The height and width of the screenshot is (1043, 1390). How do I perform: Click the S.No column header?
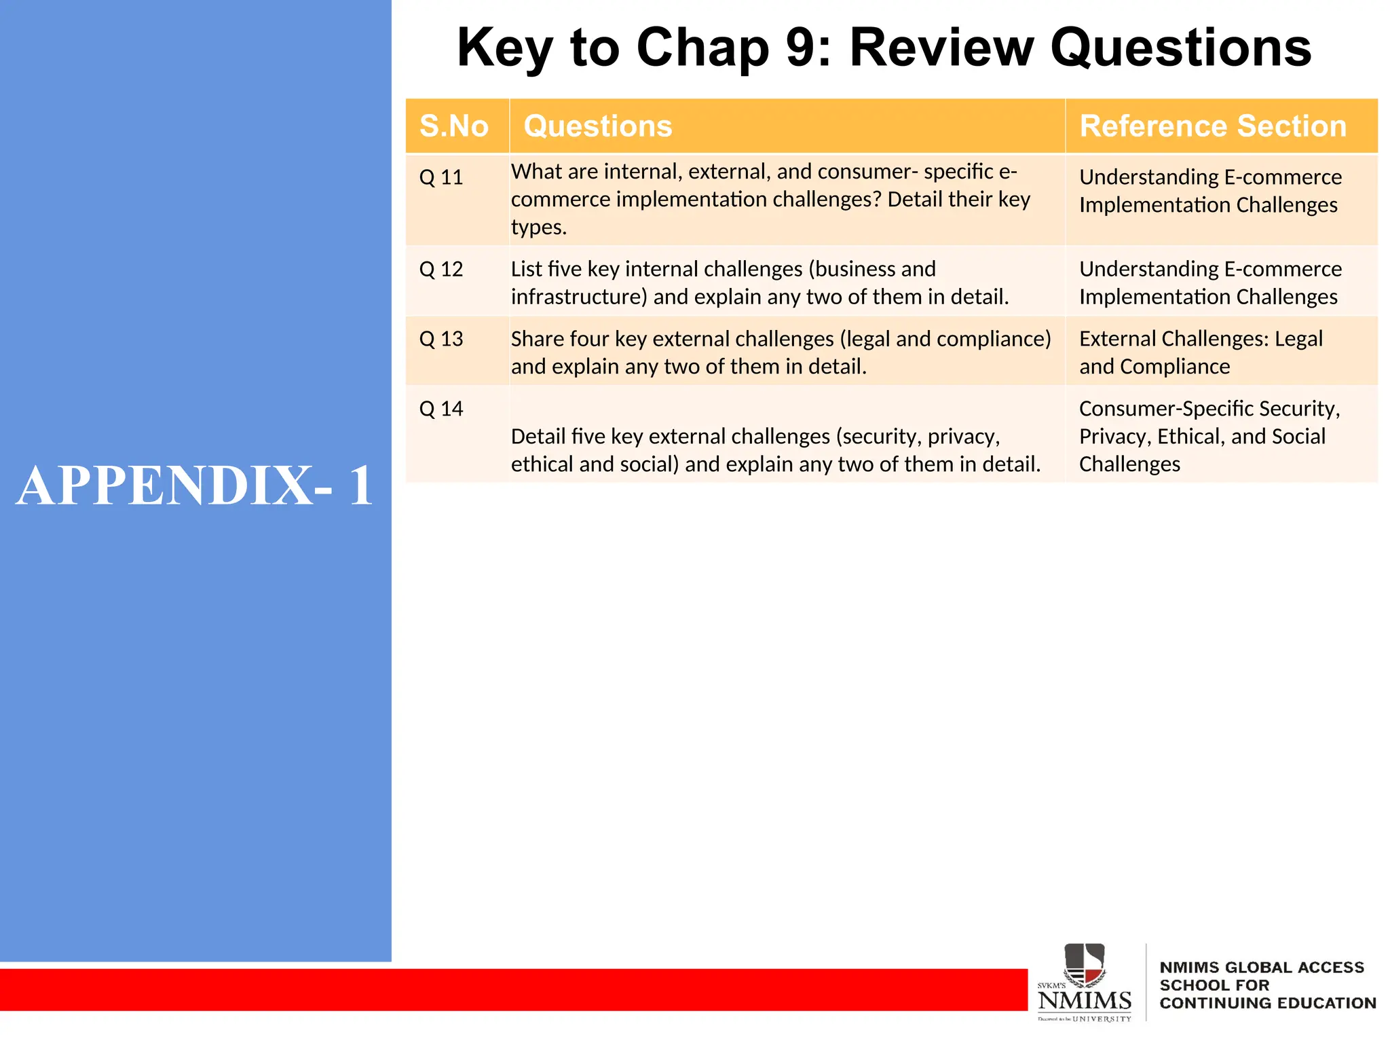(453, 126)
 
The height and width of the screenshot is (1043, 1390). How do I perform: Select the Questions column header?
(597, 126)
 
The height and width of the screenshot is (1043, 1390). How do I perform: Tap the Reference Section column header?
(1212, 126)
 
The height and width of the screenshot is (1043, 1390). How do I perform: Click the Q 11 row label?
(441, 178)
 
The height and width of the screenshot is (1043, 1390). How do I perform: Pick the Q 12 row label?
(441, 270)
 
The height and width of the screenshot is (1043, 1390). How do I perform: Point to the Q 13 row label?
(441, 339)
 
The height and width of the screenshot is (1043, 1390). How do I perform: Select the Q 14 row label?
(441, 409)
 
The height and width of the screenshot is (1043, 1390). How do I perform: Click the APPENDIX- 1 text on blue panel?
(195, 486)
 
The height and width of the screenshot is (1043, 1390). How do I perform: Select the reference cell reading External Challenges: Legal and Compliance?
(1201, 352)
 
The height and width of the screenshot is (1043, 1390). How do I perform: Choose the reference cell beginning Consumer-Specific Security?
(1209, 436)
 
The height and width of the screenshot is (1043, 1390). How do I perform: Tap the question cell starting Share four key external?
(781, 352)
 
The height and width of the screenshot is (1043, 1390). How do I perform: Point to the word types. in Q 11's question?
(538, 227)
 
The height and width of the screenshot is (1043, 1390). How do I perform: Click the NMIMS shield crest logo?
(1084, 964)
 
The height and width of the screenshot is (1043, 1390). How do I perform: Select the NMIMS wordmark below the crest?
(1085, 1000)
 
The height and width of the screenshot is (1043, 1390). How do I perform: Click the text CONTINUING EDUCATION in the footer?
(1267, 1003)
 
